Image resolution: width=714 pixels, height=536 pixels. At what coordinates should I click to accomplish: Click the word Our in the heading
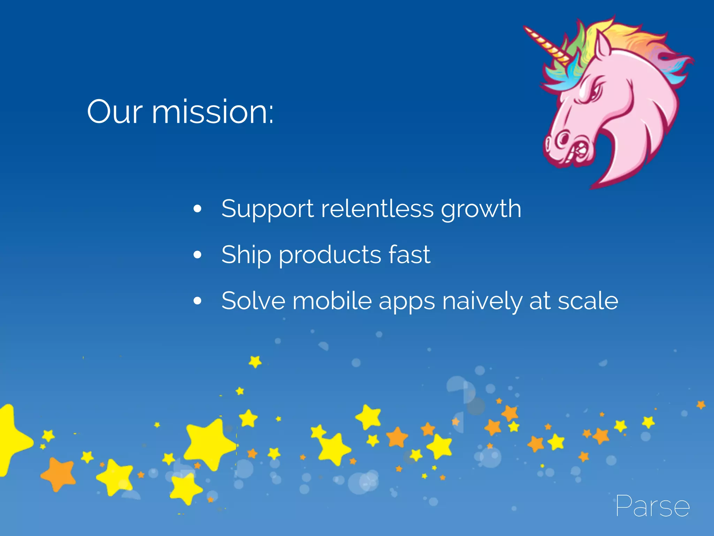click(x=115, y=112)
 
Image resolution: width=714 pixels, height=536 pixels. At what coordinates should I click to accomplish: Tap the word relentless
click(x=377, y=209)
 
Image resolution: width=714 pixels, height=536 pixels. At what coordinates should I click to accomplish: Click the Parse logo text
click(x=652, y=506)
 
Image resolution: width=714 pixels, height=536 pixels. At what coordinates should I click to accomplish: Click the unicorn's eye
click(x=593, y=92)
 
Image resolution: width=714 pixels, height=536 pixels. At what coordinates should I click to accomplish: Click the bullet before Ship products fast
click(x=197, y=255)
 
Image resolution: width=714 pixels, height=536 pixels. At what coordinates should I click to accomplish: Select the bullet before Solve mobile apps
click(x=197, y=301)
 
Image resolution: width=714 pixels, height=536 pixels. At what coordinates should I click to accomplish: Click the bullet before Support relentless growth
click(x=197, y=209)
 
